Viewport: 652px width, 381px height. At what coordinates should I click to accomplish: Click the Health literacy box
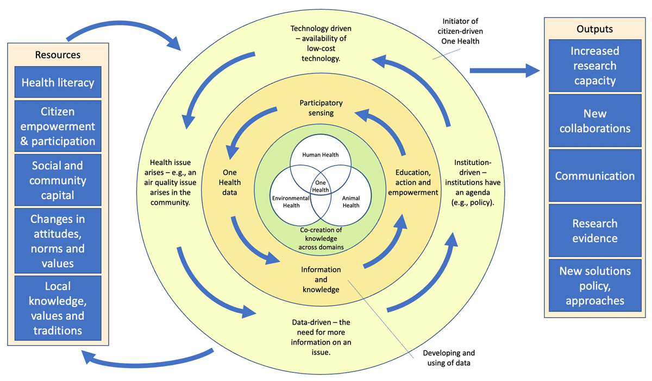pyautogui.click(x=58, y=82)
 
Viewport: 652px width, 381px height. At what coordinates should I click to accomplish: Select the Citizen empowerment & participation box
pyautogui.click(x=58, y=127)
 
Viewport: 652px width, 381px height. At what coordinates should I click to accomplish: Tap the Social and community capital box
pyautogui.click(x=58, y=180)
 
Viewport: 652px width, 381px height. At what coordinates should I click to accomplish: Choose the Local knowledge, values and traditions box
pyautogui.click(x=58, y=308)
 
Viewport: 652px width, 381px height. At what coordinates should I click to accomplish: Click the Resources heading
pyautogui.click(x=58, y=54)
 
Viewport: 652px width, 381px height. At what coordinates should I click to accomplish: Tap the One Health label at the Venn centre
pyautogui.click(x=321, y=186)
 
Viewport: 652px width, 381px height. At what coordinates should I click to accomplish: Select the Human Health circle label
pyautogui.click(x=320, y=155)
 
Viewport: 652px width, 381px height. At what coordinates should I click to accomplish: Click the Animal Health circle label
pyautogui.click(x=351, y=202)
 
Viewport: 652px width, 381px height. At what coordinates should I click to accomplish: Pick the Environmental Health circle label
pyautogui.click(x=291, y=202)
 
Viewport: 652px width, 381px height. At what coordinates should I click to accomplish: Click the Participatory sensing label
pyautogui.click(x=321, y=107)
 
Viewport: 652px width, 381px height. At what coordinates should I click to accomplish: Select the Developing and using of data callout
pyautogui.click(x=446, y=358)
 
